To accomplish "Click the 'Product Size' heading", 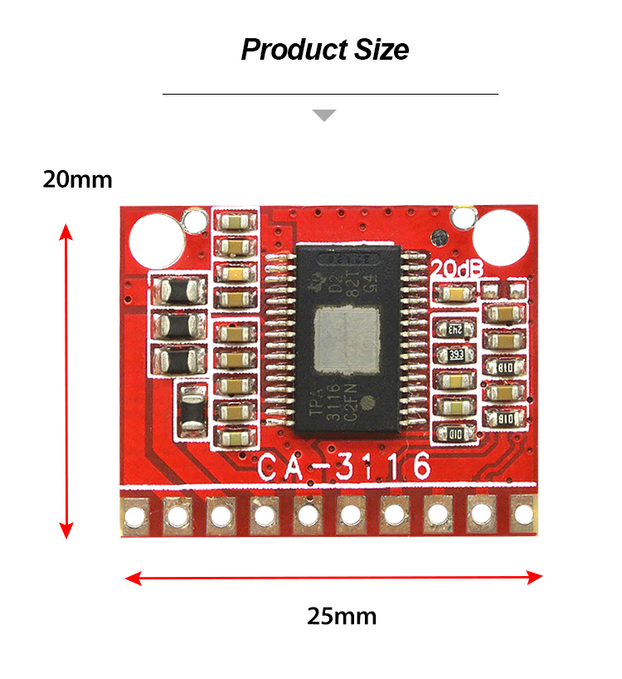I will (x=325, y=50).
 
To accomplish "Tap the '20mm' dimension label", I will (x=77, y=179).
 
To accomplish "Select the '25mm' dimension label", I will (x=342, y=616).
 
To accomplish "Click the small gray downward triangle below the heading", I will (x=324, y=115).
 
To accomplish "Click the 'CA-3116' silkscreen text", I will (x=343, y=467).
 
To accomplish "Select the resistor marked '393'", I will (x=455, y=355).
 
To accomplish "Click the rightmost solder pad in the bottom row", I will (x=522, y=515).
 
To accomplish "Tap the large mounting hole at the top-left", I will (x=154, y=237).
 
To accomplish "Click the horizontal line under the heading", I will (x=330, y=95).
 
